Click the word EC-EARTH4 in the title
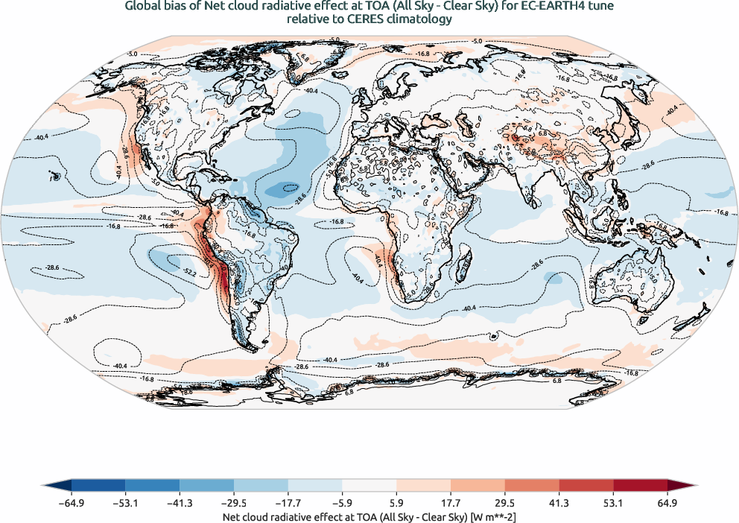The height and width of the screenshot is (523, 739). point(542,7)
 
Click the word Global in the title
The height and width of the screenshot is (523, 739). point(142,7)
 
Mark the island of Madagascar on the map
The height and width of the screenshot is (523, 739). point(463,262)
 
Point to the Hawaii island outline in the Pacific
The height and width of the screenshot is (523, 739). point(54,177)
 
